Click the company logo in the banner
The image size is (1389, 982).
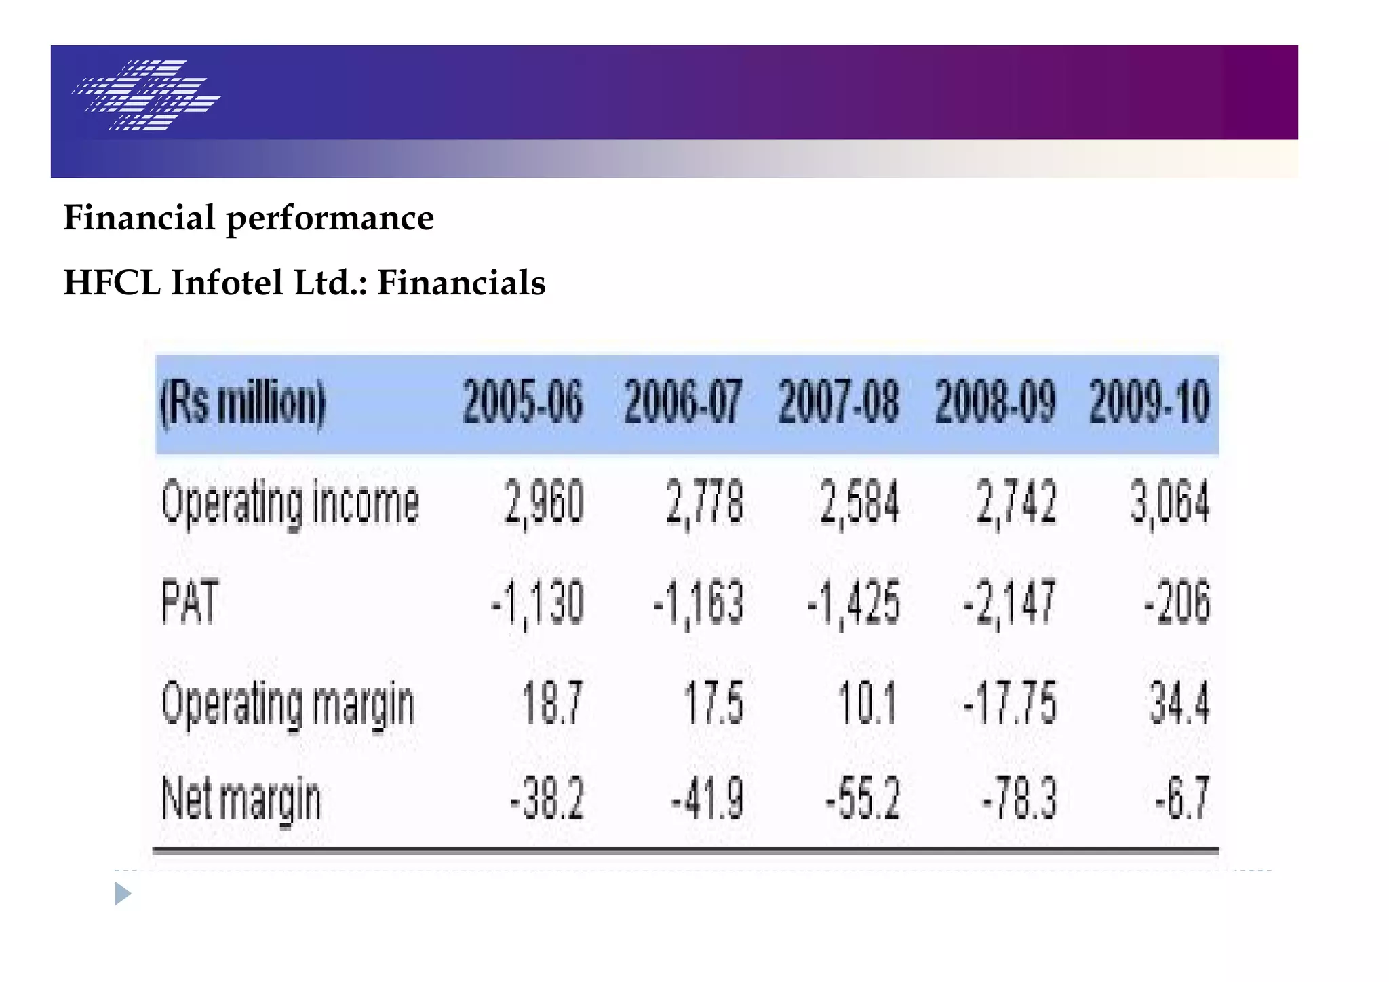pyautogui.click(x=146, y=95)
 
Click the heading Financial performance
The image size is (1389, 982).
pyautogui.click(x=248, y=218)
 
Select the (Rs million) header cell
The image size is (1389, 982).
pyautogui.click(x=243, y=402)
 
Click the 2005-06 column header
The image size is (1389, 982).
pyautogui.click(x=522, y=402)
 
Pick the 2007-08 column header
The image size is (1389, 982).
pyautogui.click(x=838, y=402)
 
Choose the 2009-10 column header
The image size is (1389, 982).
pyautogui.click(x=1149, y=402)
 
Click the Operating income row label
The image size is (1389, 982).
pyautogui.click(x=290, y=503)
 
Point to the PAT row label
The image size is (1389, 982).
pyautogui.click(x=190, y=602)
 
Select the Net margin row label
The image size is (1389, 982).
pyautogui.click(x=241, y=800)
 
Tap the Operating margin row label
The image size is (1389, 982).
pyautogui.click(x=288, y=704)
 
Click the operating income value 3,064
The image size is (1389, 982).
pyautogui.click(x=1169, y=503)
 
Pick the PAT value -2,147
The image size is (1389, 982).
pyautogui.click(x=1009, y=603)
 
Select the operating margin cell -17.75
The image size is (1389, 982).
pyautogui.click(x=1009, y=703)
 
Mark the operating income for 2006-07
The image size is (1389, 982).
pyautogui.click(x=704, y=503)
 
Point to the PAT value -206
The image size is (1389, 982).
pyautogui.click(x=1177, y=603)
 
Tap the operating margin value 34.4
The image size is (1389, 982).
pyautogui.click(x=1179, y=703)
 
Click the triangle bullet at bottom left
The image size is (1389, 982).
pyautogui.click(x=122, y=894)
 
